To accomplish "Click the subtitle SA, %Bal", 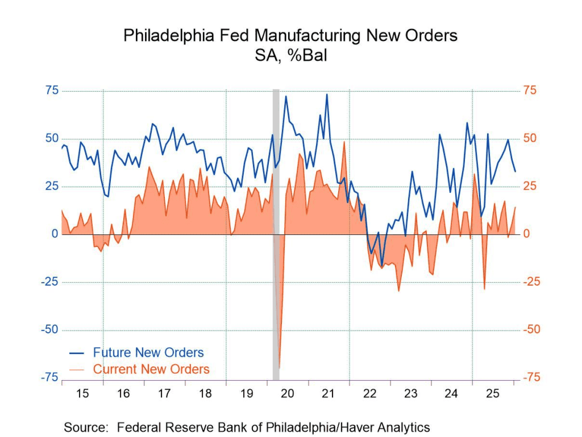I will coord(290,56).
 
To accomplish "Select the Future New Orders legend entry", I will coord(148,352).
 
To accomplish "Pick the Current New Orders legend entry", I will coord(151,369).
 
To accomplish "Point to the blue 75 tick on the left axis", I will coord(52,90).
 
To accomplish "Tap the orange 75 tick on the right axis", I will coord(530,90).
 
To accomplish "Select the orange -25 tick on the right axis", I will coord(532,282).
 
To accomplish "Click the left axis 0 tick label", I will coord(55,234).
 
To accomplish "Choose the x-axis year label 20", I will coord(287,393).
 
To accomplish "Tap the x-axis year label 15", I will coord(82,393).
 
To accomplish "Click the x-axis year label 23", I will coord(410,393).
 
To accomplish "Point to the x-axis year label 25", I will coord(493,393).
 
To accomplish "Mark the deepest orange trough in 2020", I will coord(280,367).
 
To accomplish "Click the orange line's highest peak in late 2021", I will coord(344,142).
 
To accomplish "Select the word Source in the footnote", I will coord(85,427).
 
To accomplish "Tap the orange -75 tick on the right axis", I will coord(532,378).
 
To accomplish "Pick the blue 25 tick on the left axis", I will coord(52,186).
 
